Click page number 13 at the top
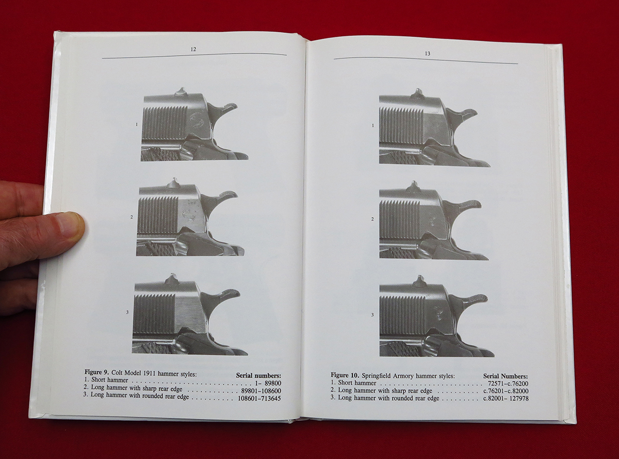[428, 53]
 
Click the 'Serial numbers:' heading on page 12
[258, 376]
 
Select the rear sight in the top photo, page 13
[418, 93]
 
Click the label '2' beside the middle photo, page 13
[372, 219]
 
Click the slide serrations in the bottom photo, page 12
[155, 312]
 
